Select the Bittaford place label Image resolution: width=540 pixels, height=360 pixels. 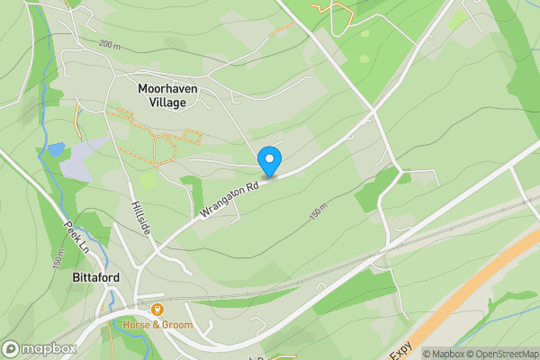(94, 278)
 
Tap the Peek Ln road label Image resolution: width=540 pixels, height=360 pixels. (76, 237)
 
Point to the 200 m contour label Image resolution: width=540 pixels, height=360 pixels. (110, 44)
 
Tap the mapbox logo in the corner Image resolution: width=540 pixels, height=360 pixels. (38, 348)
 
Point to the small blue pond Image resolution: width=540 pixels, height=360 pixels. (57, 148)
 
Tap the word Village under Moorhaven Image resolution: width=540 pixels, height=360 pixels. (163, 103)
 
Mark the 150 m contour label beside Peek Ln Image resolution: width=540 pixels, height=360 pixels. (58, 258)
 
